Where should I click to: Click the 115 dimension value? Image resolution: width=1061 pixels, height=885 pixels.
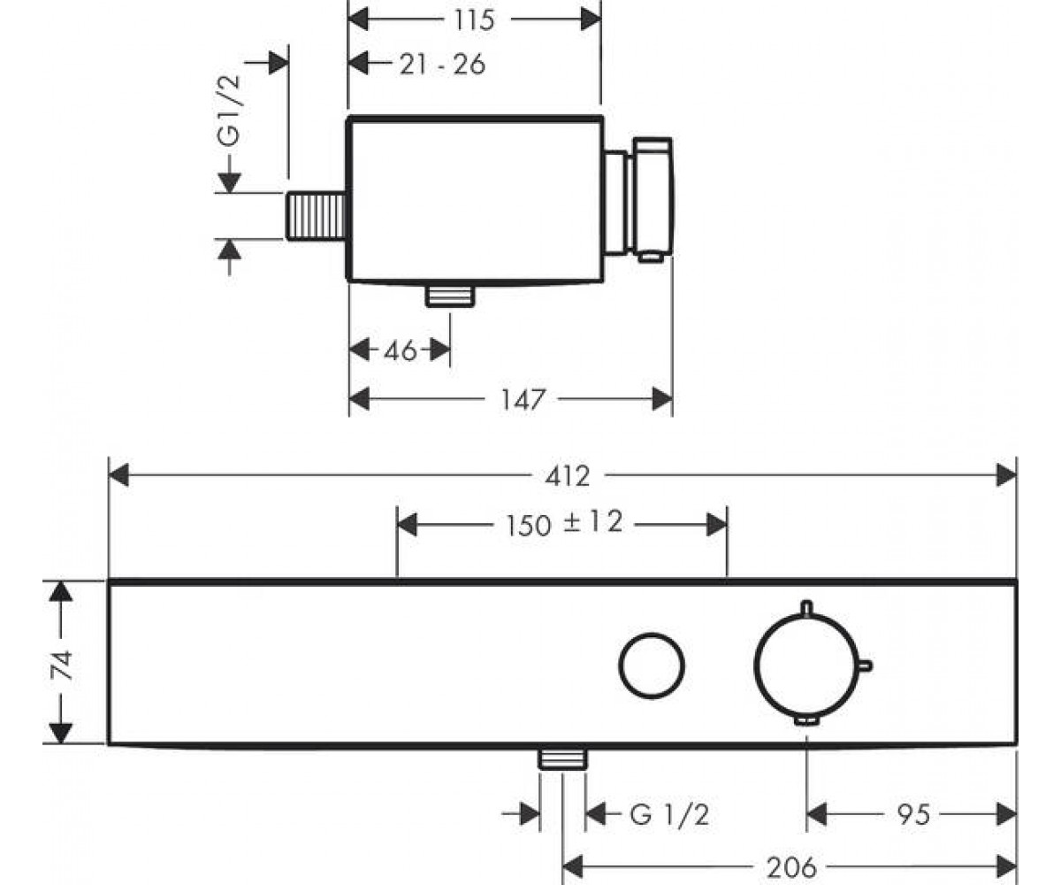point(474,20)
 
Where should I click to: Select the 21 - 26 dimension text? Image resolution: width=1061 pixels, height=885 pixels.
point(442,65)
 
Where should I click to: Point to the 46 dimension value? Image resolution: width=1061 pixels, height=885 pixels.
point(401,350)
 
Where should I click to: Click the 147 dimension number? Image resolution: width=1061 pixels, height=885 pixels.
point(523,400)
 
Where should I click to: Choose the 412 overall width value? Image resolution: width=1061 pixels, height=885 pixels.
point(568,477)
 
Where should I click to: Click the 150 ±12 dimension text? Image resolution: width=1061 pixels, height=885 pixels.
point(564,523)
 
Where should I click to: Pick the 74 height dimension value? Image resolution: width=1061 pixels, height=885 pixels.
point(63,666)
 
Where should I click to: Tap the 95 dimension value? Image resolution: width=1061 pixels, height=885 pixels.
point(913,815)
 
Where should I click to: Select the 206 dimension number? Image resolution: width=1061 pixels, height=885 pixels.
point(791,867)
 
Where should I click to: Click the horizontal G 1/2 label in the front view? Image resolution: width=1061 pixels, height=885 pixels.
point(669,815)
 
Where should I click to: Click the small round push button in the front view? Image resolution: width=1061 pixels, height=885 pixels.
point(652,666)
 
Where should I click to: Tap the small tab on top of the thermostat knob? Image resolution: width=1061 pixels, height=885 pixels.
point(807,608)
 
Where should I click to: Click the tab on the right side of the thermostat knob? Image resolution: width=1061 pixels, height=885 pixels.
point(866,666)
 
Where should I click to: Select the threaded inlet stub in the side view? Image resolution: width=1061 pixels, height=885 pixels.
point(316,216)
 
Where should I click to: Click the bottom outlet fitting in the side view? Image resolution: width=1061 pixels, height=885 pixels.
point(450,296)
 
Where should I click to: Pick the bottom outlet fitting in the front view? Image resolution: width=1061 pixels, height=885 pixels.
point(562,758)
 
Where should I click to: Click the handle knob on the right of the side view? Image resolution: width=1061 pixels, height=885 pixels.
point(653,200)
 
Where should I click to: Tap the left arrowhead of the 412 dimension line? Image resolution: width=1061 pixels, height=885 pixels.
point(118,475)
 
